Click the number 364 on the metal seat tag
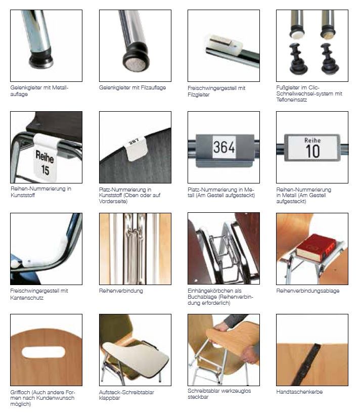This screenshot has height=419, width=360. (224, 147)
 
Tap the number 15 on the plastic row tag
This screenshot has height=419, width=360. (45, 170)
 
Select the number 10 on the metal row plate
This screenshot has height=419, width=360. (312, 151)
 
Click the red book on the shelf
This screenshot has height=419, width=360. (316, 248)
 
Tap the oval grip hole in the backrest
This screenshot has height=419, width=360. (43, 352)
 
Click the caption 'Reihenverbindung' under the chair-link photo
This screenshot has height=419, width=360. (121, 291)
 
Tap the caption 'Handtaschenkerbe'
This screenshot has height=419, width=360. (299, 392)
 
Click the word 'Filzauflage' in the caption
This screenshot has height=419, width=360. (153, 87)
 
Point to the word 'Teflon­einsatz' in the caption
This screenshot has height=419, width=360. (292, 100)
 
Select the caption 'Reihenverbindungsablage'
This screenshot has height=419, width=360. (308, 291)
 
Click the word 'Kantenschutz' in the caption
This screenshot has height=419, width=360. (27, 298)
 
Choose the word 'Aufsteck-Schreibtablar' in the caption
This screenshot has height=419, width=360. (126, 392)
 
